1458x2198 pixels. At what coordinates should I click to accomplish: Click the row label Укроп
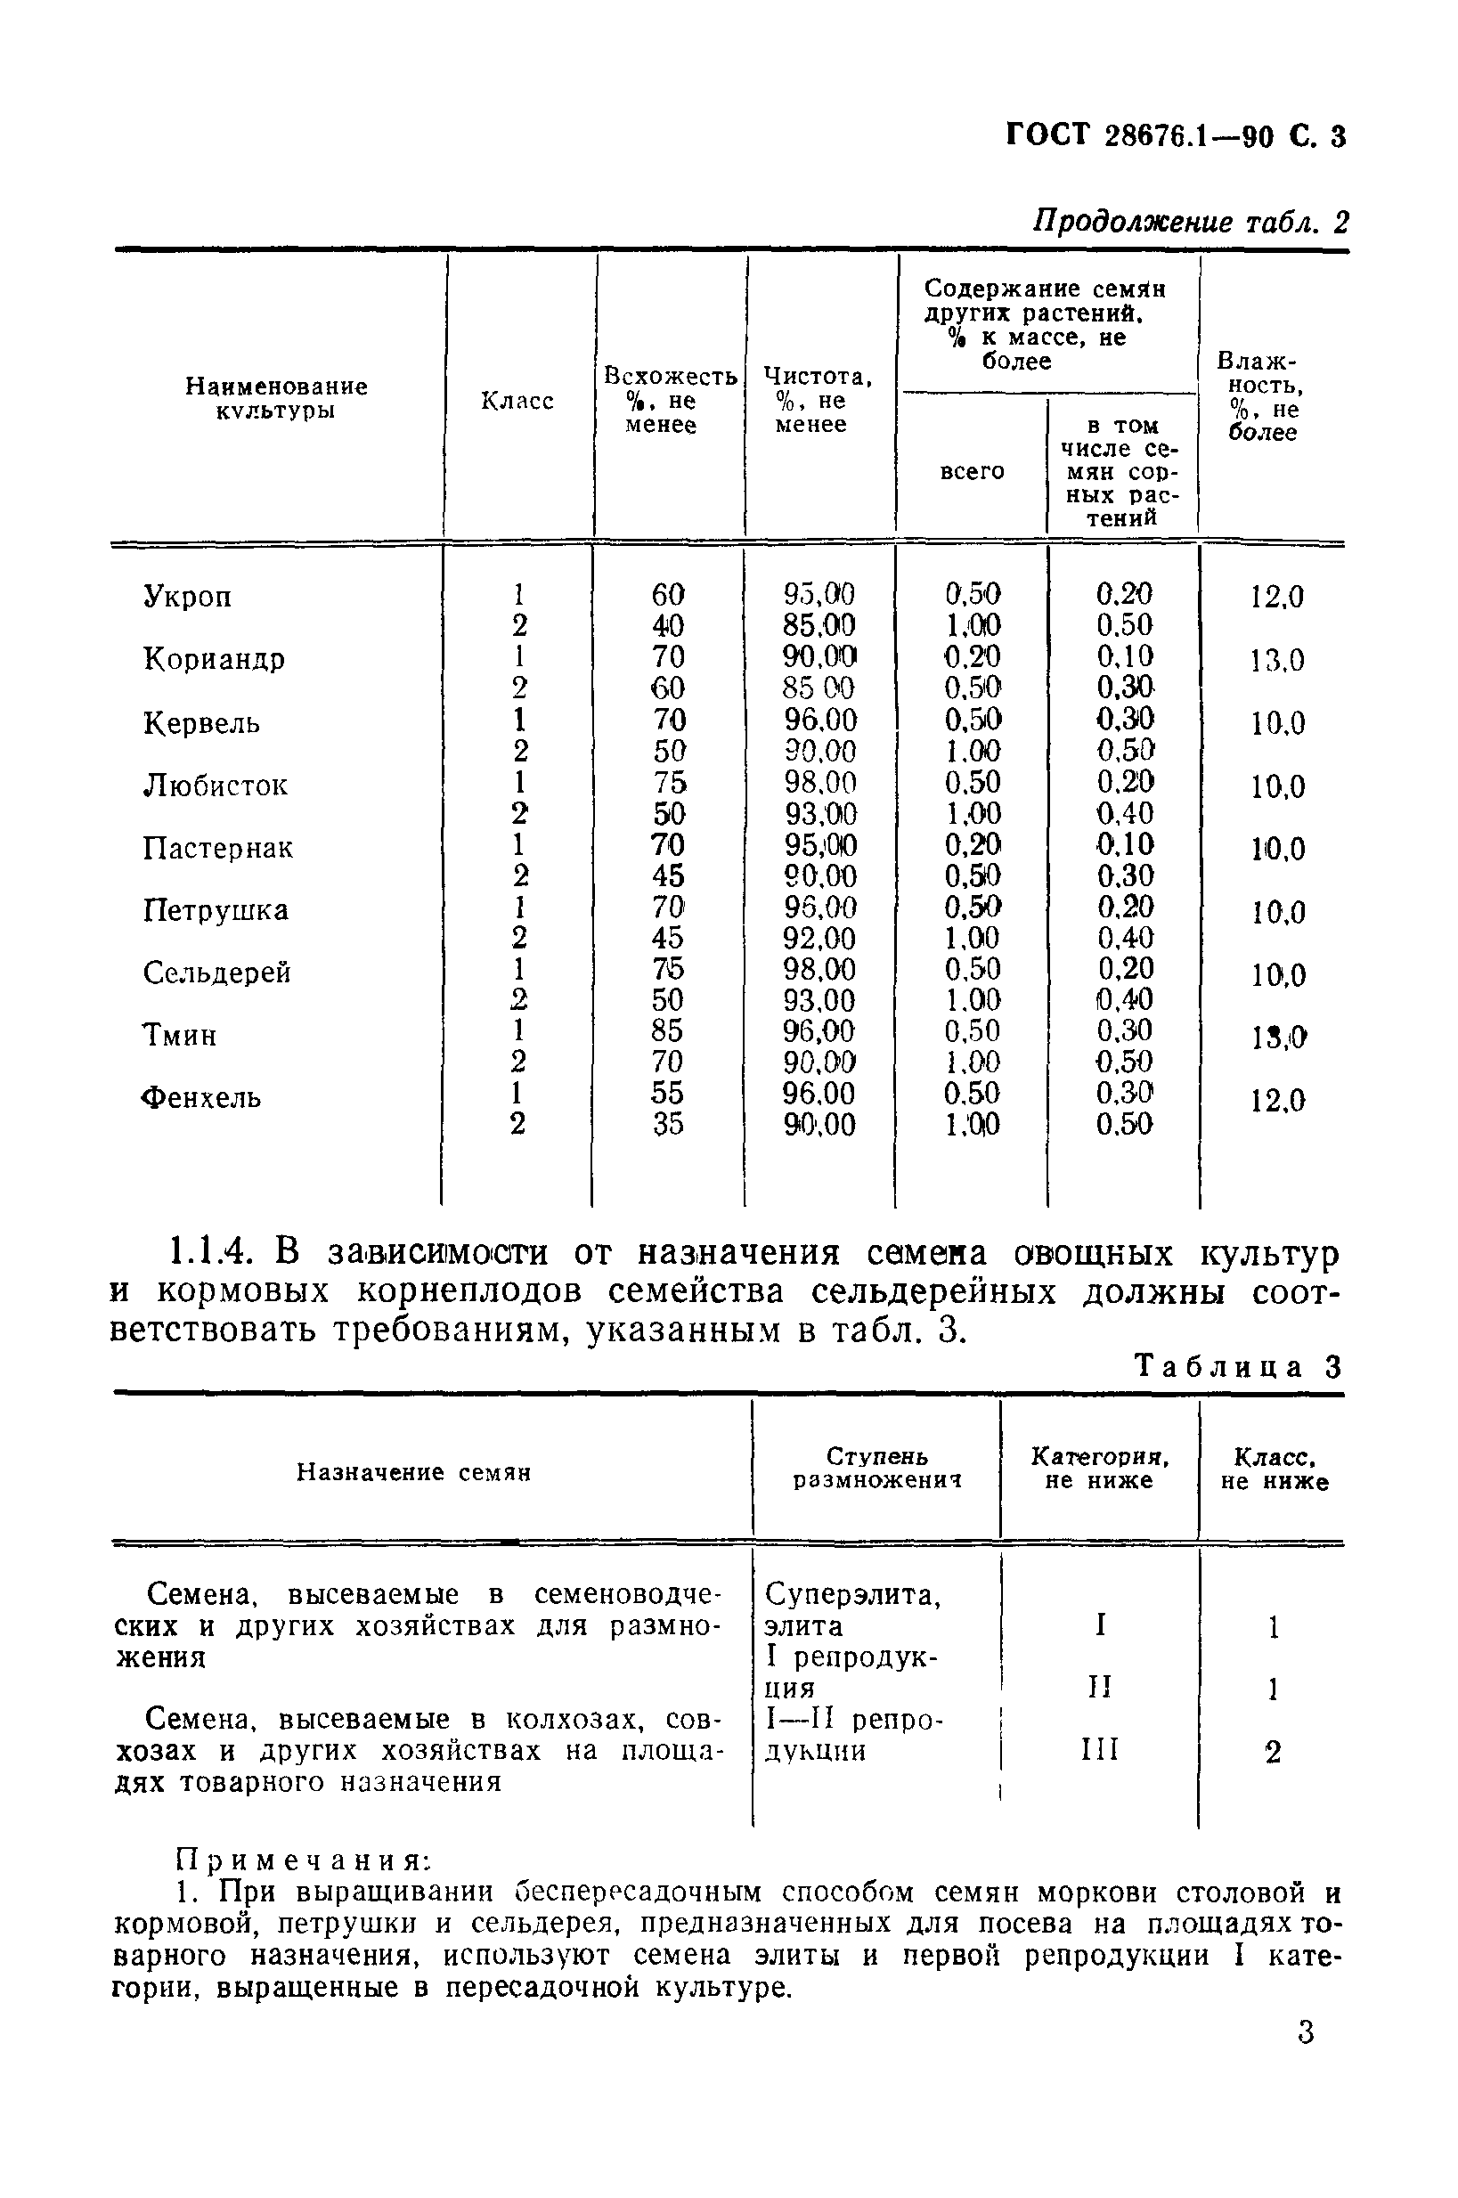pos(187,596)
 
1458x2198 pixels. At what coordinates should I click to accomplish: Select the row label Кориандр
pos(214,659)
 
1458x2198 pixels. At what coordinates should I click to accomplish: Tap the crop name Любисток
pos(215,786)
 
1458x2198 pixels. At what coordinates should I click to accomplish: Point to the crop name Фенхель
pos(201,1098)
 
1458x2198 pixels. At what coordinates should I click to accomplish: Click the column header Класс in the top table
pos(517,401)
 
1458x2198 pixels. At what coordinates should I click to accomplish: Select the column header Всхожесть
pos(670,377)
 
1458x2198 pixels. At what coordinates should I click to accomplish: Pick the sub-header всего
pos(972,471)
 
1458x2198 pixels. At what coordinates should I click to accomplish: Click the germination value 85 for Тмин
pos(667,1030)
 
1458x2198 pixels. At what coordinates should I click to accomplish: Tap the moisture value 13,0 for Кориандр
pos(1276,660)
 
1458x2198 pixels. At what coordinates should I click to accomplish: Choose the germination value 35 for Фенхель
pos(667,1124)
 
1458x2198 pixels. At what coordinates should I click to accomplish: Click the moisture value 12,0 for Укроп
pos(1276,596)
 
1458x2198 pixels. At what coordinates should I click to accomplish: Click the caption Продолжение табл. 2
pos(1190,223)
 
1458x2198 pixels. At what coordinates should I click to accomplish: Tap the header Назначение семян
pos(414,1472)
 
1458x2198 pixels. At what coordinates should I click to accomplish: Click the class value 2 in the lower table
pos(1272,1752)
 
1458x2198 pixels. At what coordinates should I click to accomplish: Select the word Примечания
pos(303,1860)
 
